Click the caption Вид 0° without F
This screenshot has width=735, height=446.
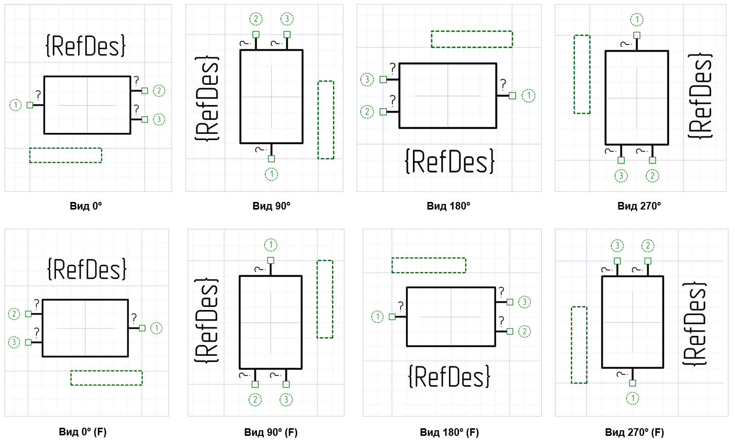point(86,206)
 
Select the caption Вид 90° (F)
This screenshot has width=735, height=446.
point(271,432)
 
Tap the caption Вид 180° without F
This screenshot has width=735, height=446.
point(448,206)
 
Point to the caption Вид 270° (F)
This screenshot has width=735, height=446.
point(634,432)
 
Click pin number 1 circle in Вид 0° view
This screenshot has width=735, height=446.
point(15,106)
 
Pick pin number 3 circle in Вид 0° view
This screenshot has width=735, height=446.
point(159,119)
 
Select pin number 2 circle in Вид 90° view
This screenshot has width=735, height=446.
point(256,19)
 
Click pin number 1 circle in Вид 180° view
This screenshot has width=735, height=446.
point(528,96)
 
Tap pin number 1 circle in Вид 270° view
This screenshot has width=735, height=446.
point(637,20)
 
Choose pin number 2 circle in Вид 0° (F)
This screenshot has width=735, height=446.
point(14,314)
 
